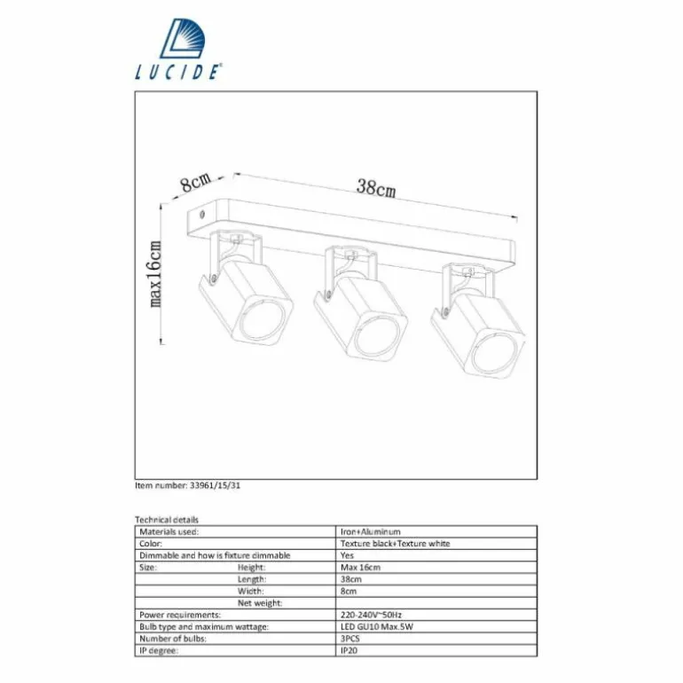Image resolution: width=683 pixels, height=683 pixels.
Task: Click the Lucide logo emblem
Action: pyautogui.click(x=183, y=38)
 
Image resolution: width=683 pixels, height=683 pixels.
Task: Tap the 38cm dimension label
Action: pyautogui.click(x=376, y=188)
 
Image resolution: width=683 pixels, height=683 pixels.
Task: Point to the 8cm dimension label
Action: pyautogui.click(x=195, y=182)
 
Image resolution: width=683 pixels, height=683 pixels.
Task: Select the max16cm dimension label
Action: pyautogui.click(x=155, y=273)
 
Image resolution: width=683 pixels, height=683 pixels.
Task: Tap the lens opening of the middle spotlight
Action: pyautogui.click(x=375, y=338)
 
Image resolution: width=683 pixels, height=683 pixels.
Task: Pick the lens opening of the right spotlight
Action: pyautogui.click(x=492, y=353)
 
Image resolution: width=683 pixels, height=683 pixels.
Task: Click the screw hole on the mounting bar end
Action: pyautogui.click(x=201, y=215)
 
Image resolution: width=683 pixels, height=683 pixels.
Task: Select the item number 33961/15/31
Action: pyautogui.click(x=216, y=485)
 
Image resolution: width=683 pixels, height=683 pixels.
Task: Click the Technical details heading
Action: pyautogui.click(x=167, y=520)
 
